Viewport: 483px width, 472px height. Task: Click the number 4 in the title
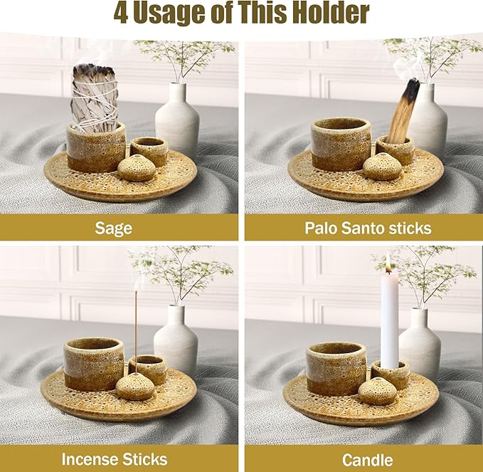tap(121, 14)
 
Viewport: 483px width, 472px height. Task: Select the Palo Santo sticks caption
tap(363, 228)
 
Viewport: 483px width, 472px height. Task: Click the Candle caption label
tap(363, 458)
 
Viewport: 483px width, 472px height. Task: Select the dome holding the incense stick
tap(135, 385)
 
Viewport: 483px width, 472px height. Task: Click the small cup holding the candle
tap(390, 373)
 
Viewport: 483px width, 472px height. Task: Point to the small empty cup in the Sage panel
tap(149, 150)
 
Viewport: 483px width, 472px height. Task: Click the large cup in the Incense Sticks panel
tap(93, 363)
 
